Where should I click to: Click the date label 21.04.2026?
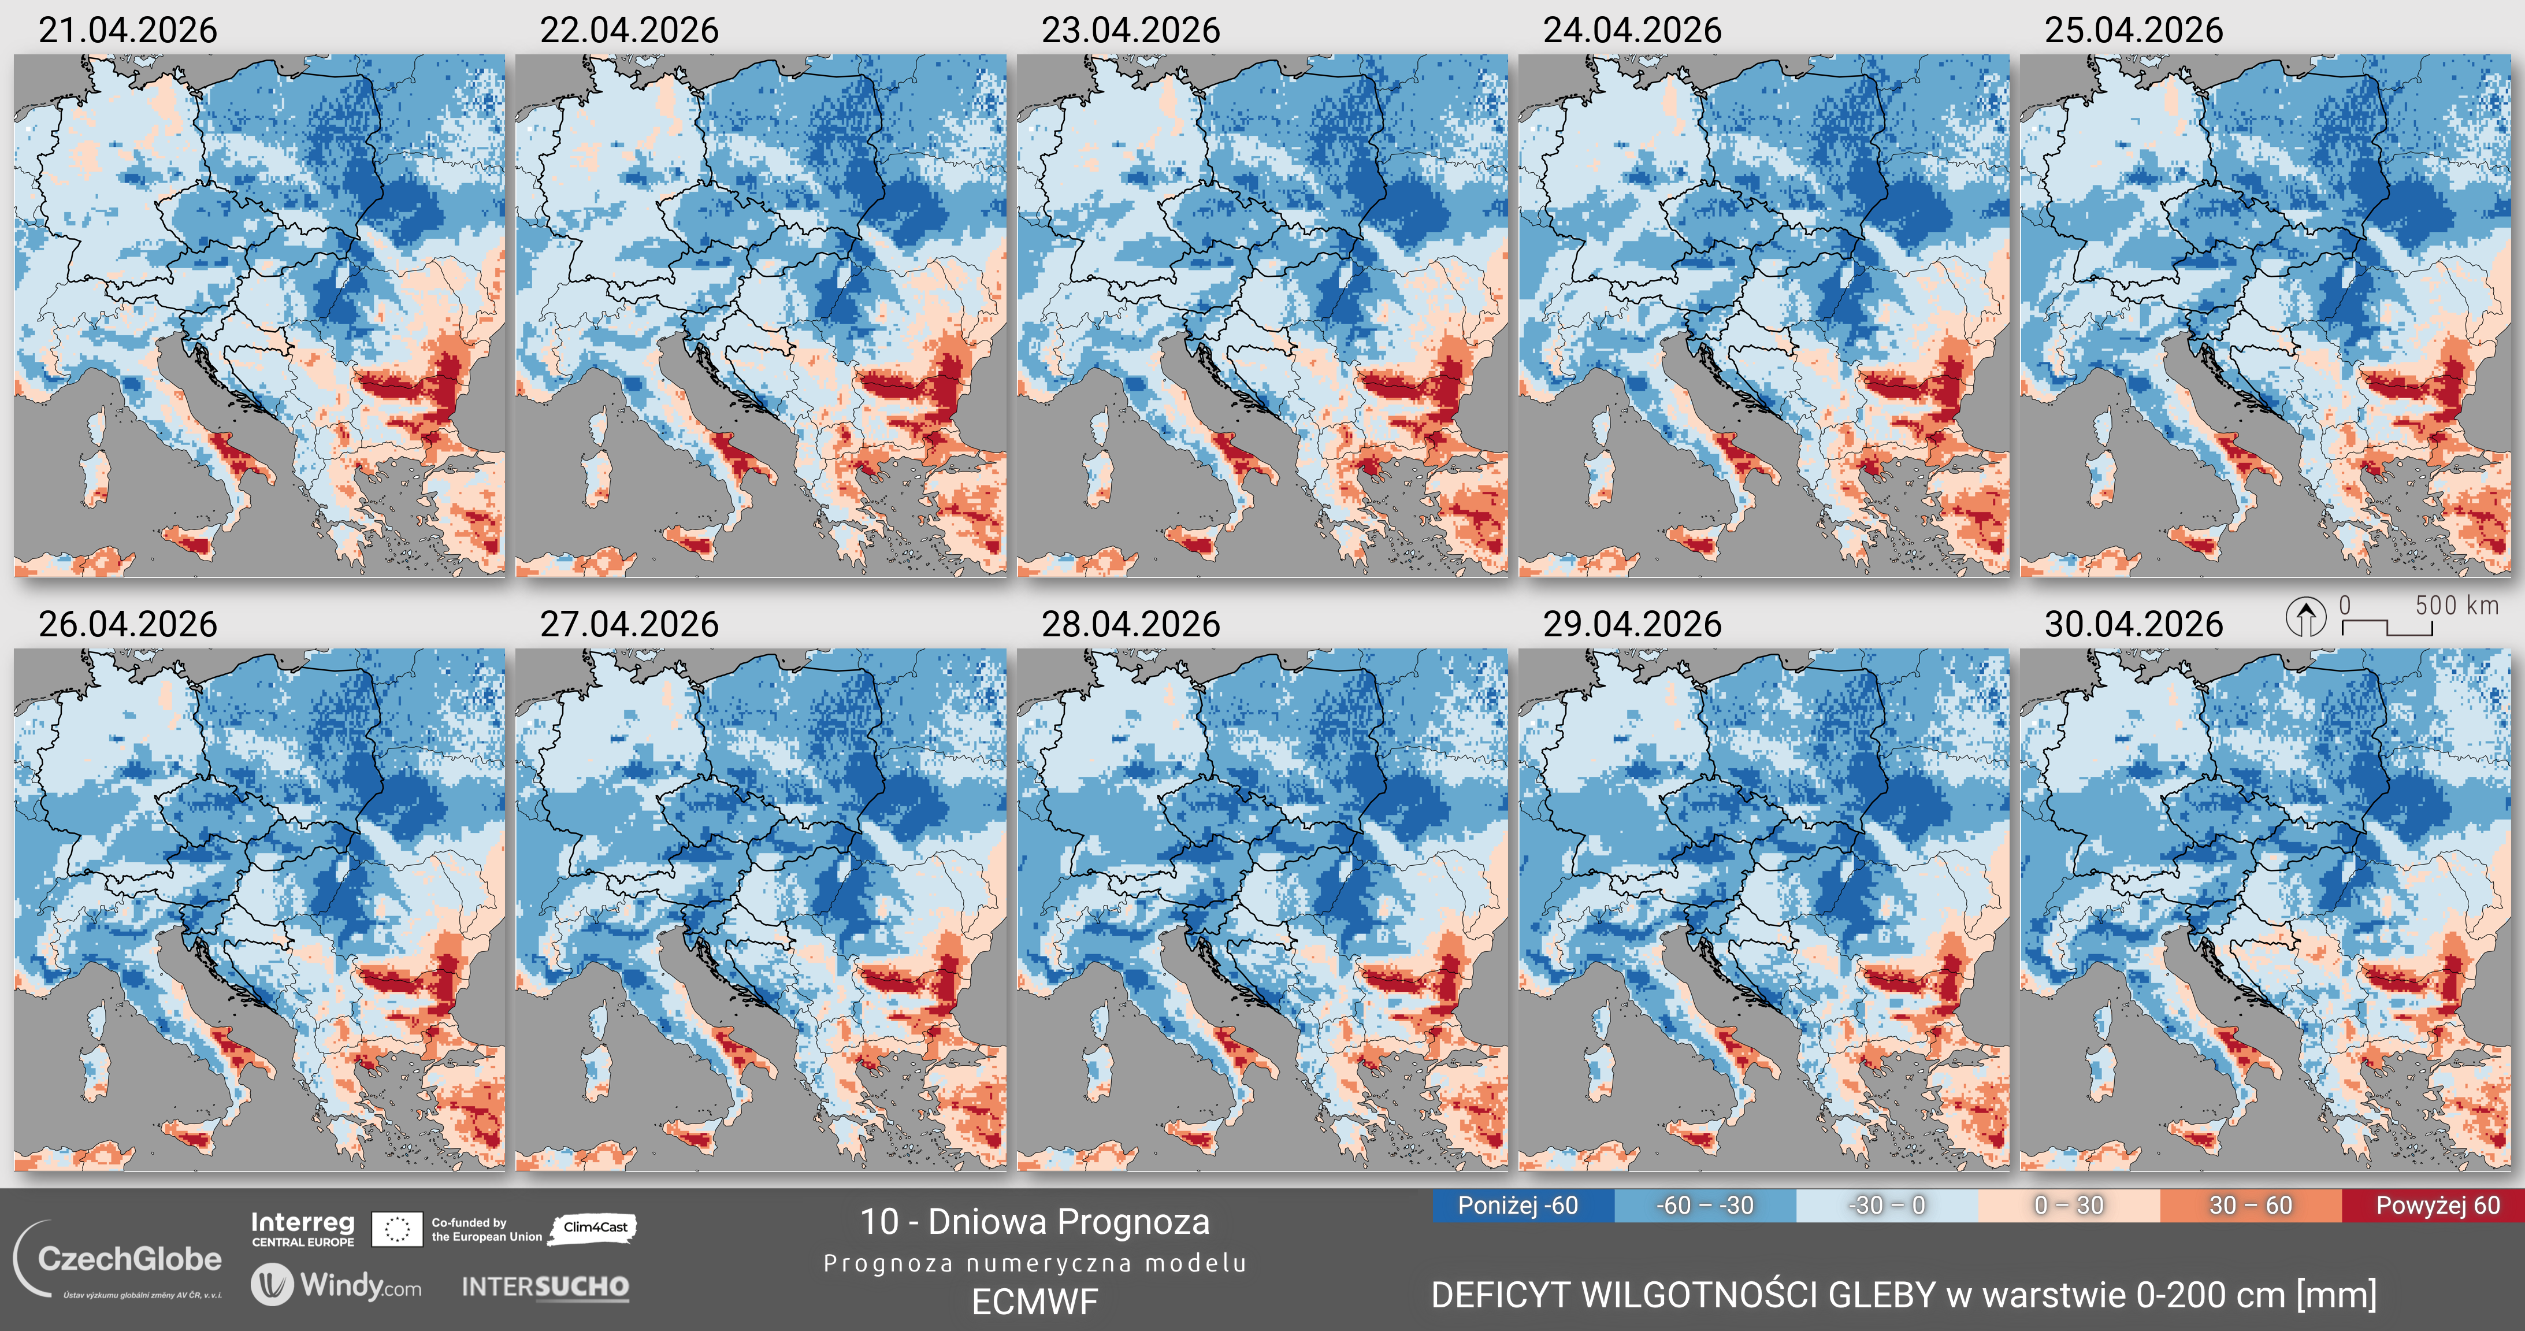point(128,31)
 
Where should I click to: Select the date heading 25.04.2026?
point(2133,31)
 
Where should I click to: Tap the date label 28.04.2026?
point(1130,624)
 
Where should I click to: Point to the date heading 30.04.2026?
point(2133,624)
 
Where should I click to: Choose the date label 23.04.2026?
point(1130,31)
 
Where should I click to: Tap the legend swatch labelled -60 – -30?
point(1705,1206)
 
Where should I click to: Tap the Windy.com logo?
point(336,1285)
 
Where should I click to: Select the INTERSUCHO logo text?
point(545,1287)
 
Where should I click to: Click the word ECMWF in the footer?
point(1034,1302)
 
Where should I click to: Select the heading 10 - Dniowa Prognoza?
point(1034,1222)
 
